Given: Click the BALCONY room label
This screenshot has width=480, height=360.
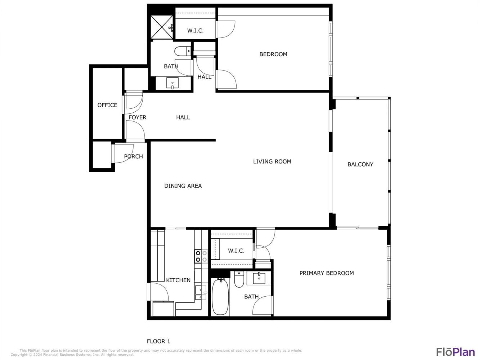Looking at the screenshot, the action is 360,165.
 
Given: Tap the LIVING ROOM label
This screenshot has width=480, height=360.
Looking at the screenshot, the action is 272,162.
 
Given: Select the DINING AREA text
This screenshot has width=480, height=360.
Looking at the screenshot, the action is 183,186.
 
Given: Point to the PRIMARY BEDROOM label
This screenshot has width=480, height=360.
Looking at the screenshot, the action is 327,273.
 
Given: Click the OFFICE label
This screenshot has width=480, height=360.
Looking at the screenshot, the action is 107,105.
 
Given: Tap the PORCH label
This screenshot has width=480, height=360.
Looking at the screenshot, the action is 133,157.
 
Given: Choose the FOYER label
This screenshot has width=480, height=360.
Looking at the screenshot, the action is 137,117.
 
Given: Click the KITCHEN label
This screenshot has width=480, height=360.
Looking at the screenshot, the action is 178,280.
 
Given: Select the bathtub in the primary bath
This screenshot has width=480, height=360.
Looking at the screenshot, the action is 220,297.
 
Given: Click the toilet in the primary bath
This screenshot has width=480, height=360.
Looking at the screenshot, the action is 239,279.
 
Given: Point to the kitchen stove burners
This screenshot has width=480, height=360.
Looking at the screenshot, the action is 201,256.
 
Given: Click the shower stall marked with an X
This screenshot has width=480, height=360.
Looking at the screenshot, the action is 162,27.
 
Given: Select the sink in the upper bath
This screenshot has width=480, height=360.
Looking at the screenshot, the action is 172,83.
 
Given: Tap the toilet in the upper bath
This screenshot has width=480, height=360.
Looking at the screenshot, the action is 183,51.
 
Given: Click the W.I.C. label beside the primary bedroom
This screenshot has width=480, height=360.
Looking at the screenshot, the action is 236,251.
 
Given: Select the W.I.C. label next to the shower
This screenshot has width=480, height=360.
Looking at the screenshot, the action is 195,31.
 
